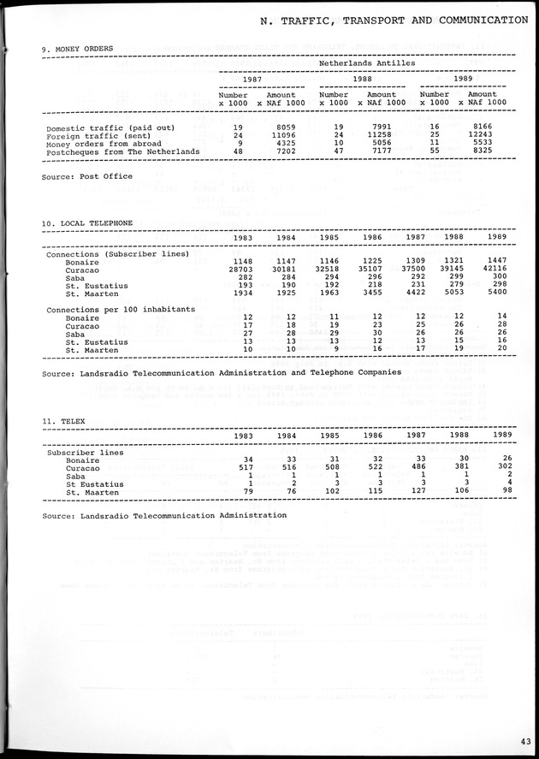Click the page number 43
522,741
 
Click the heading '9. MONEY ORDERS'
79,49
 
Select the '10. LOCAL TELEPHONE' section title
87,223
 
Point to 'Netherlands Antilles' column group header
367,62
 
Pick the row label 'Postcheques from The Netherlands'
123,151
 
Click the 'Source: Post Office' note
87,176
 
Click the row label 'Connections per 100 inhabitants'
121,308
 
